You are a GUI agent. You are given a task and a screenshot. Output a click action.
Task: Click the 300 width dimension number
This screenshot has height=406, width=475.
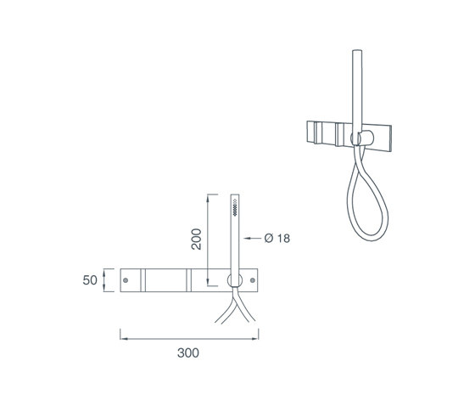coord(188,352)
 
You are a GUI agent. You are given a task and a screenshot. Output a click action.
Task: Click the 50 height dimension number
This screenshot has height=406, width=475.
coord(90,280)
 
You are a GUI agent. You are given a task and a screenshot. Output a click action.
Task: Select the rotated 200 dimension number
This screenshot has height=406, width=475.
coord(196,240)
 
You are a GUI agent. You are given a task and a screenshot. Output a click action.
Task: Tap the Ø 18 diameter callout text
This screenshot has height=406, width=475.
coord(277,238)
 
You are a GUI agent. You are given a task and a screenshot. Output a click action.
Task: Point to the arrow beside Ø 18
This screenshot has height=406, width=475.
coord(253,238)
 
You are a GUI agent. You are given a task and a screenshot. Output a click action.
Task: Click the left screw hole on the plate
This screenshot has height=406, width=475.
coord(126,280)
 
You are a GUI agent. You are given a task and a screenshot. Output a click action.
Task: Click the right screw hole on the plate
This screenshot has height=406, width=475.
coord(253,280)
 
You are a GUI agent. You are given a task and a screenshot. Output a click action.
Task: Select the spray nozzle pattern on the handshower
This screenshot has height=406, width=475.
coord(235,207)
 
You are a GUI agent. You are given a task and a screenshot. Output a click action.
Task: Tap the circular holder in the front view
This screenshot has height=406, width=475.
coord(235,280)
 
